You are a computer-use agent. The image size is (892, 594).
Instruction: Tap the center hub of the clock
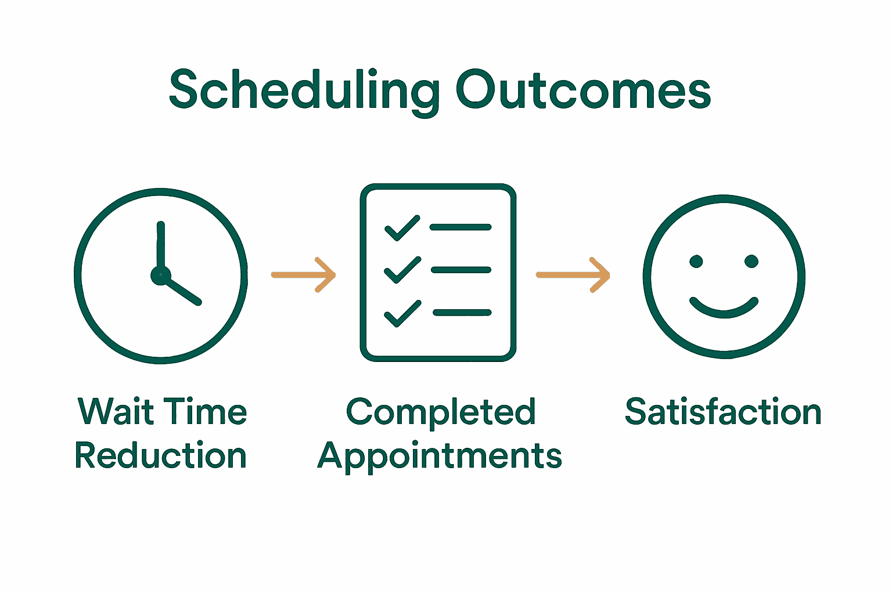coord(160,276)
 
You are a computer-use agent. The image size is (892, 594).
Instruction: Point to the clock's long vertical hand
coord(161,247)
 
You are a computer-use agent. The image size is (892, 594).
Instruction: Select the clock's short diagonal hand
coord(183,291)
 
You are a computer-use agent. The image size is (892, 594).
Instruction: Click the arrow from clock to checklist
coord(304,275)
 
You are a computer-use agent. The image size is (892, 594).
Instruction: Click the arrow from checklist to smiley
coord(573,275)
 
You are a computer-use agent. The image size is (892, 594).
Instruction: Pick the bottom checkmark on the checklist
coord(402,313)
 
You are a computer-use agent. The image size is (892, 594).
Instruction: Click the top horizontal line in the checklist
coord(461,227)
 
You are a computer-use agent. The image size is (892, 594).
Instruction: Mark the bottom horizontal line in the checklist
coord(462,313)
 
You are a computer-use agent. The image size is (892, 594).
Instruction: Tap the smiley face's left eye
coord(696,262)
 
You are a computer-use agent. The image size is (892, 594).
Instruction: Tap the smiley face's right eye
coord(751,262)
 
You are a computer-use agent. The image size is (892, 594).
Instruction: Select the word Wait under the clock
coord(116,412)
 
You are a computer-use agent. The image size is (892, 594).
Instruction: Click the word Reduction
coord(161,456)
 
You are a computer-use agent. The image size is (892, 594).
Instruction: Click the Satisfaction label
coord(723,412)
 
